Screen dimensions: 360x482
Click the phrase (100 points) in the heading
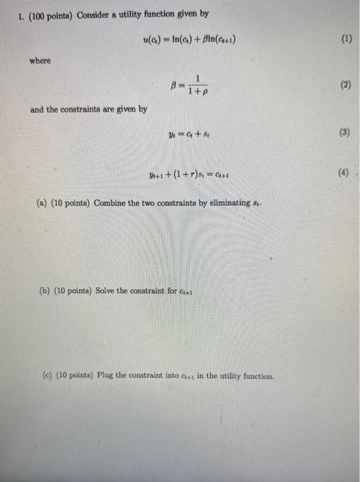tap(47, 14)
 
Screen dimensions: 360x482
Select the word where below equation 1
tap(40, 61)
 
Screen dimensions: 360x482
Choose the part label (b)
tap(42, 290)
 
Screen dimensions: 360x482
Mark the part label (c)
tap(46, 376)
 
